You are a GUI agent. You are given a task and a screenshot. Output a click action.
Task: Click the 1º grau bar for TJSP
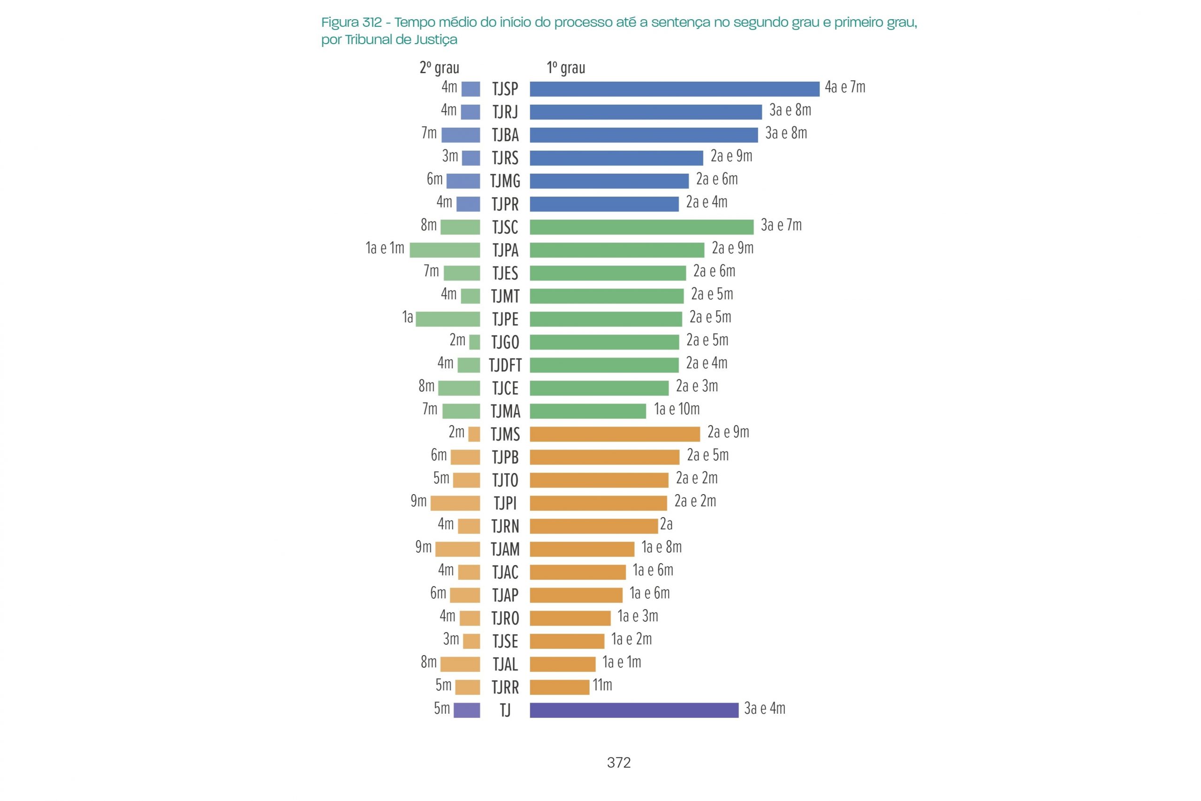click(674, 89)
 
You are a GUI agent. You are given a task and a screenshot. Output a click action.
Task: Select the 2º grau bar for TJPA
click(444, 250)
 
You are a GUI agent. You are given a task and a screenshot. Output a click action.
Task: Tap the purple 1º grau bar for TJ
click(634, 710)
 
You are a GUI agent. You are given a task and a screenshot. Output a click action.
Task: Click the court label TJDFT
click(505, 365)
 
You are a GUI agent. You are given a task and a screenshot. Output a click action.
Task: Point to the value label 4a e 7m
click(844, 87)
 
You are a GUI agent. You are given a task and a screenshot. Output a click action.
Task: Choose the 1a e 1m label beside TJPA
click(385, 248)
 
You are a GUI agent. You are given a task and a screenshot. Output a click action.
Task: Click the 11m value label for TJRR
click(602, 685)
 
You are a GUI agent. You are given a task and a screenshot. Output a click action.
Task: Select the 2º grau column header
click(439, 68)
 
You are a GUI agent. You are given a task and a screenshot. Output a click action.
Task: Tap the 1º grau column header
click(566, 68)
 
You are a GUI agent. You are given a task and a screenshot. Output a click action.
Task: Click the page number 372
click(618, 763)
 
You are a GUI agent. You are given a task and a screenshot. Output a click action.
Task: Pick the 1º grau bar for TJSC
click(641, 227)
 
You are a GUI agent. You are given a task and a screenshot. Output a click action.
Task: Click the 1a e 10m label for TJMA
click(677, 409)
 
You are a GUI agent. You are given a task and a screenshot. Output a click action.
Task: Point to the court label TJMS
click(505, 434)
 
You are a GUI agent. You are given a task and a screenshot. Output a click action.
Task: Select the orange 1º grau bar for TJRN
click(593, 526)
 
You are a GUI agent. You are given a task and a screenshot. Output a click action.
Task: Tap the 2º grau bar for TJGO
click(474, 342)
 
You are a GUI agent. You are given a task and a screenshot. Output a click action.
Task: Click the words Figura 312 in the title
click(351, 23)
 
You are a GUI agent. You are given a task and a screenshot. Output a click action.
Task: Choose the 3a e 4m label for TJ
click(764, 709)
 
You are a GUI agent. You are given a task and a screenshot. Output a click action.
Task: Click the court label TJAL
click(505, 664)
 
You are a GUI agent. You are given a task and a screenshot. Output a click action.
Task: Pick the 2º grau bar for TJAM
click(457, 549)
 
